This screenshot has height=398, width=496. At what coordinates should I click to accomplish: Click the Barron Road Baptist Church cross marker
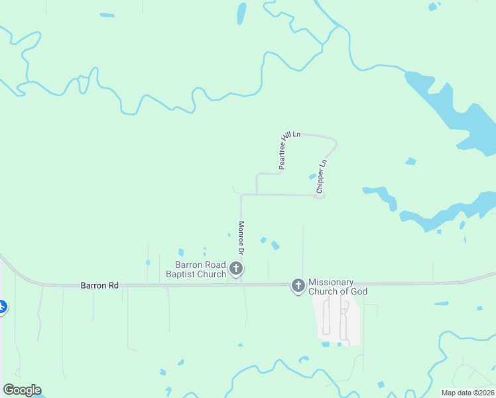click(x=236, y=269)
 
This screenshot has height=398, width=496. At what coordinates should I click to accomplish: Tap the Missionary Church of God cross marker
click(x=298, y=285)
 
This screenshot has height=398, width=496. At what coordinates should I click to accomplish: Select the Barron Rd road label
click(x=99, y=285)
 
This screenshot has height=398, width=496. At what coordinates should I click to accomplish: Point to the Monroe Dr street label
click(x=241, y=237)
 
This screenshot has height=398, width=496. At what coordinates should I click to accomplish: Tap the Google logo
click(x=22, y=390)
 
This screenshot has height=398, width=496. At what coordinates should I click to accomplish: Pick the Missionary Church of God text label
click(x=338, y=287)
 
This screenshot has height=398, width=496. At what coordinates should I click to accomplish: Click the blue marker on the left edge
click(x=2, y=307)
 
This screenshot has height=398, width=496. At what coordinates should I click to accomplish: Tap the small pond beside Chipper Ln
click(x=312, y=176)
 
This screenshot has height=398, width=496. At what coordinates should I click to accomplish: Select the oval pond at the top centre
click(x=241, y=13)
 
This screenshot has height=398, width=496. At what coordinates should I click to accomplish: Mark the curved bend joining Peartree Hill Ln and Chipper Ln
click(x=334, y=141)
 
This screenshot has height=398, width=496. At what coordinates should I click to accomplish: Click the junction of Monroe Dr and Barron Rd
click(x=241, y=285)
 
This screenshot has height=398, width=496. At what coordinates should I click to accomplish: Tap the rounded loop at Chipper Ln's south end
click(x=321, y=196)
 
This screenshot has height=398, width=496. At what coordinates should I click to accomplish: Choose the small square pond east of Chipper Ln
click(x=410, y=161)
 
